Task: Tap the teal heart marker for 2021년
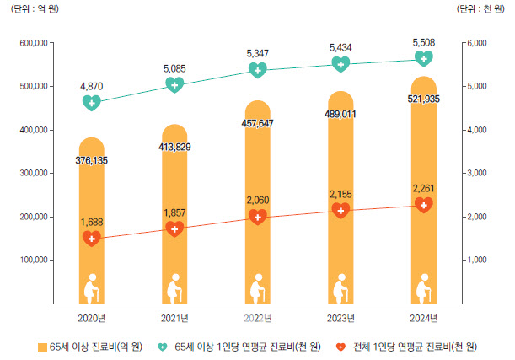coord(174,84)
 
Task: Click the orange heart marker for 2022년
coord(257,217)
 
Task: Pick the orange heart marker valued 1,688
coord(93,239)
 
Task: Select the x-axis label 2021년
coord(174,317)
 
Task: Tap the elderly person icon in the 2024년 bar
coord(423,287)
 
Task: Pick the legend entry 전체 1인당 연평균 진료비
coord(404,347)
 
